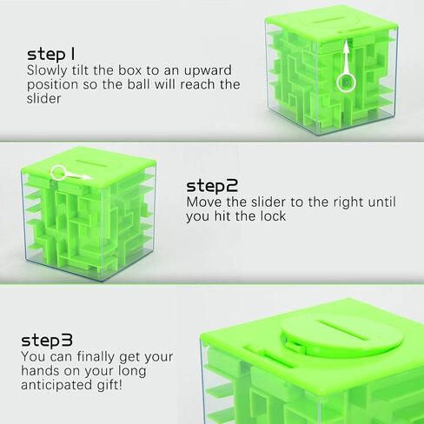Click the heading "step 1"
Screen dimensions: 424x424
click(x=51, y=54)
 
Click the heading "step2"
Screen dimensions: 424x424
click(x=212, y=186)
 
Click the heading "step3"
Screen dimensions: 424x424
click(x=47, y=340)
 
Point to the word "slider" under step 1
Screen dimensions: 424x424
click(x=43, y=98)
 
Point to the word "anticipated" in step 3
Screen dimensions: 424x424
click(x=56, y=386)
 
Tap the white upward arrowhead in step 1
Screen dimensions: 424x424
click(x=346, y=46)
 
